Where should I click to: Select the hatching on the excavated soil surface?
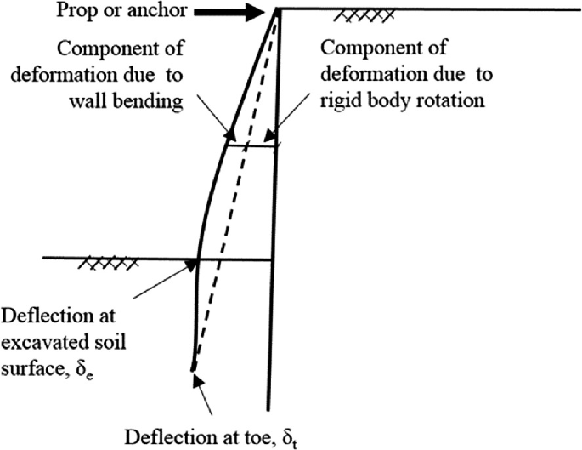tap(103, 265)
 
